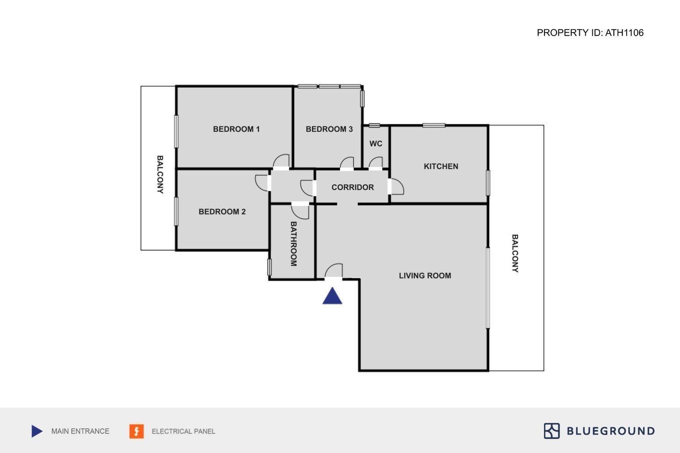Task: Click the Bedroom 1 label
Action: (x=236, y=129)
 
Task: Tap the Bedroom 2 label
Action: (x=222, y=212)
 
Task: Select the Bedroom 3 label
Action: (x=329, y=129)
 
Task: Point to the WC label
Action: (x=376, y=144)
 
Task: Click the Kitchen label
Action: (x=441, y=166)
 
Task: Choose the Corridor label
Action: (x=353, y=187)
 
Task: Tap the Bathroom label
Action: (x=293, y=244)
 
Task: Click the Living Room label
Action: (x=425, y=276)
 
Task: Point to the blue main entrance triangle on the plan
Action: (x=332, y=296)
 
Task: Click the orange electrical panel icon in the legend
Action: (x=136, y=431)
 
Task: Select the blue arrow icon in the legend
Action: (x=37, y=431)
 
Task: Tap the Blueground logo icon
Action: (x=552, y=431)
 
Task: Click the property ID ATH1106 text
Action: (x=590, y=33)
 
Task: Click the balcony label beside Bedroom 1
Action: (x=160, y=174)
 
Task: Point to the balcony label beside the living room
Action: (x=515, y=254)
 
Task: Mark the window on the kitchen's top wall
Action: (x=434, y=125)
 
